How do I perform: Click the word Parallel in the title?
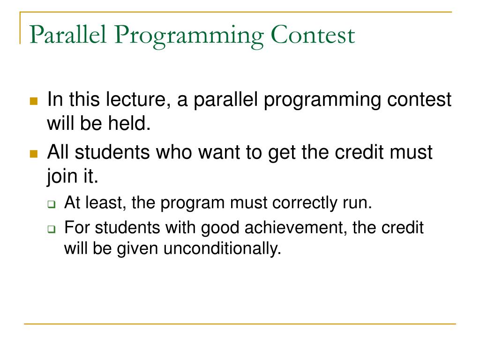pos(68,35)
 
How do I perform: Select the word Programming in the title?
pos(189,37)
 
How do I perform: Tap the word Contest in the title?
pos(313,35)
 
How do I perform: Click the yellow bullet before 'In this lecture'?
pos(34,101)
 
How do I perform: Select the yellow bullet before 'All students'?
pos(34,154)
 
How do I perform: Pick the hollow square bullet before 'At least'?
pos(52,204)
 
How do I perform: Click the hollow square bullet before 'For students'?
pos(52,229)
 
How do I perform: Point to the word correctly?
pos(305,203)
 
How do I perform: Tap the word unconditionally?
pos(222,248)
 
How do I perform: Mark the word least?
pos(106,202)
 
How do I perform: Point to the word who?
pos(174,152)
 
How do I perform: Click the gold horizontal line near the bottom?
pos(240,323)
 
